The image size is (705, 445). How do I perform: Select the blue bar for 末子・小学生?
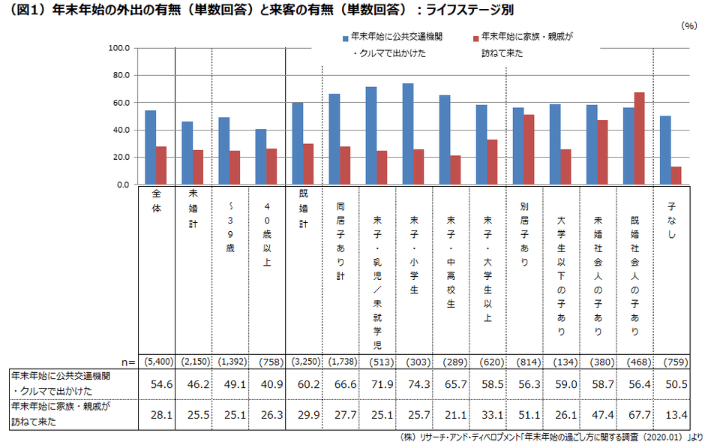pos(408,134)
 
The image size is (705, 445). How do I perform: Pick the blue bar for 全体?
pos(151,147)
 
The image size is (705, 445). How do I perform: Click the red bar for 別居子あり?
pos(529,149)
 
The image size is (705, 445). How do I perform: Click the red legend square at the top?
pos(475,37)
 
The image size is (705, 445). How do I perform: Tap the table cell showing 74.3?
pos(417,384)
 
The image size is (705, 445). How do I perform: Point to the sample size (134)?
pos(564,361)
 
